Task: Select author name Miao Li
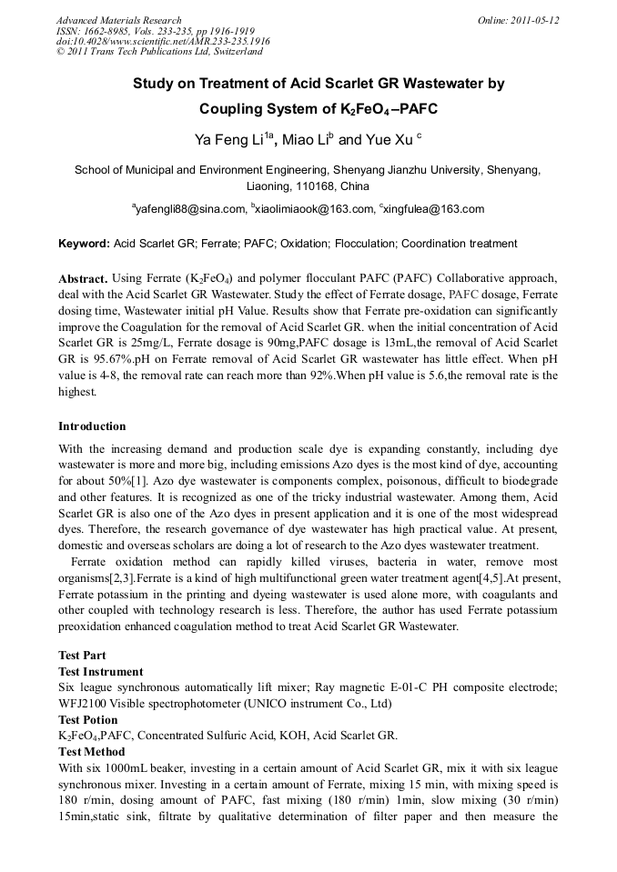(x=305, y=141)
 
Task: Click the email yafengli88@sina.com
(x=189, y=209)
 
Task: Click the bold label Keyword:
(x=84, y=244)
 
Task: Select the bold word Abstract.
(x=83, y=277)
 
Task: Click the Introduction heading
(x=92, y=426)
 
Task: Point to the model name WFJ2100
(x=83, y=704)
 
